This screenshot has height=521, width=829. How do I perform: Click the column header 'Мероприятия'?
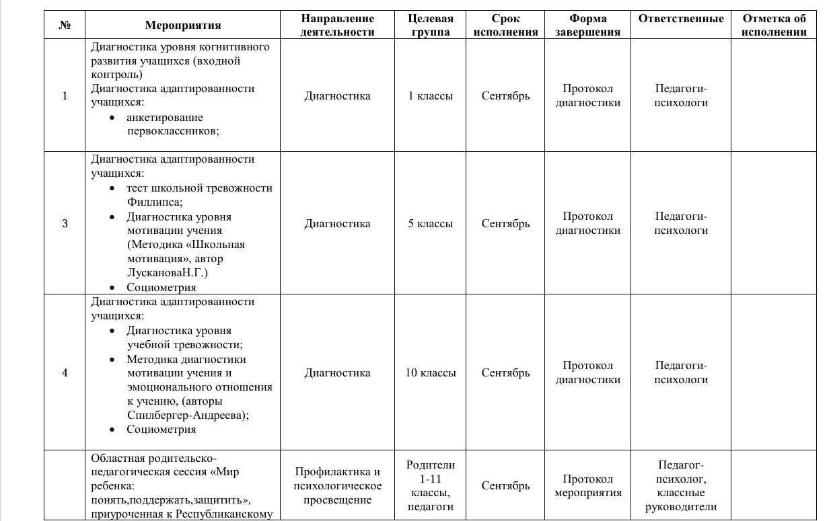click(x=182, y=26)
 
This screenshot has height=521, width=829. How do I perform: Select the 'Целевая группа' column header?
click(x=431, y=26)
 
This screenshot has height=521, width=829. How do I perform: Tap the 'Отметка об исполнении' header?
click(x=774, y=26)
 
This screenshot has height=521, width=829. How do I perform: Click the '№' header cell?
click(x=65, y=26)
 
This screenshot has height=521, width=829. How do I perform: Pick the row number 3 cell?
click(x=65, y=224)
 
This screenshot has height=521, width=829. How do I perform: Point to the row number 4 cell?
click(x=65, y=373)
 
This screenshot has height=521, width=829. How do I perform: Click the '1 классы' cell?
click(x=431, y=95)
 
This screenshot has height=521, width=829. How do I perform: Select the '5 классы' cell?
click(x=431, y=224)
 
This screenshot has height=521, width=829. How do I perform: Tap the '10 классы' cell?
click(x=431, y=373)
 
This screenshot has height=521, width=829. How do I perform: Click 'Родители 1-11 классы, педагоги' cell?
click(x=431, y=485)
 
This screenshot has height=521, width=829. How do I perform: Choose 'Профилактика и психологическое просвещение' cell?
click(x=337, y=485)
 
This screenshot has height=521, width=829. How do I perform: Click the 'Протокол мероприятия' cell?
click(x=588, y=485)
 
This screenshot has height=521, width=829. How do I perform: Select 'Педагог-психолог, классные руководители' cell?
click(x=681, y=485)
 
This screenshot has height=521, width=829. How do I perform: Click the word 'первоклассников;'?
click(x=173, y=131)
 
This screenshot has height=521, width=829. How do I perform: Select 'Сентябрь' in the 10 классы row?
click(x=505, y=373)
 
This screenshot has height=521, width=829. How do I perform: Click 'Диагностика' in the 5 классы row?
click(x=337, y=224)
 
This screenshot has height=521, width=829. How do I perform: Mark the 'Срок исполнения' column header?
click(x=505, y=26)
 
